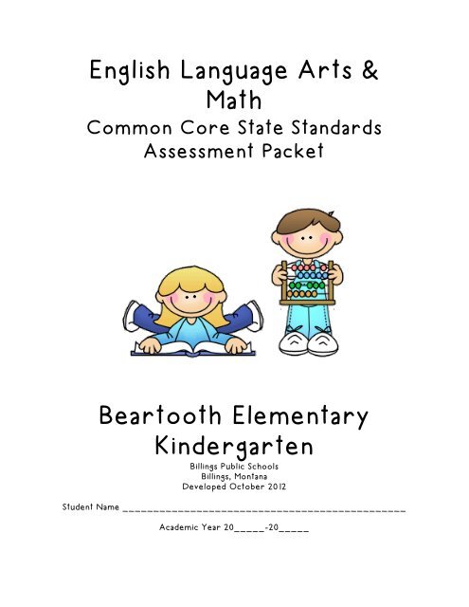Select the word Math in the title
[x=233, y=100]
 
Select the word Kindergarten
[x=233, y=447]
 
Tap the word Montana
[x=254, y=477]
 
